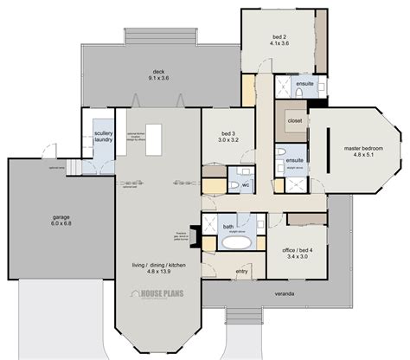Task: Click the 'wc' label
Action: click(x=246, y=184)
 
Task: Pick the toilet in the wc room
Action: click(x=232, y=184)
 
